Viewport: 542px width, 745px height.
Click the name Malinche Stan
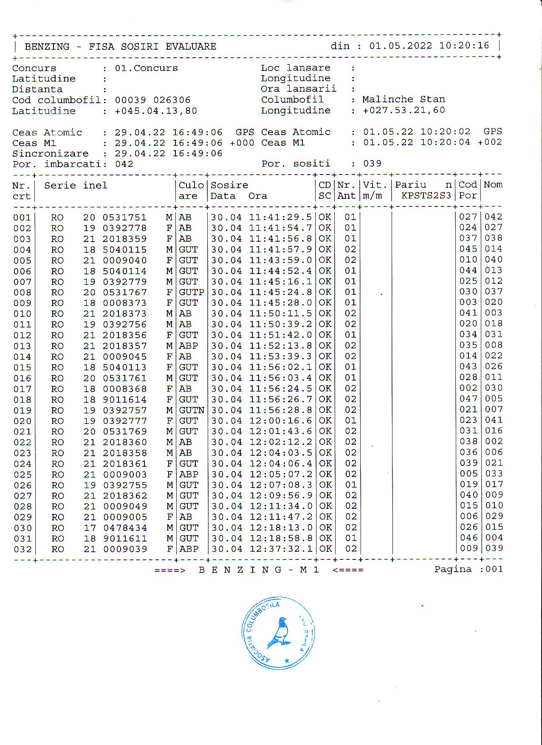click(404, 99)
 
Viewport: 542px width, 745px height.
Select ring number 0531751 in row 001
click(124, 217)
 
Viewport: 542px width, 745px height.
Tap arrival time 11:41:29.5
click(280, 217)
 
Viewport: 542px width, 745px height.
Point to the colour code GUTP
click(192, 292)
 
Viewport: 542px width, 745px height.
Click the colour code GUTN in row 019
click(192, 410)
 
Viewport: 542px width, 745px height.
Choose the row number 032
click(23, 549)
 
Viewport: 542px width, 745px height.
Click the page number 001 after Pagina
click(494, 569)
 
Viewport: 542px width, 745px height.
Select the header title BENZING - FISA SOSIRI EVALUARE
click(121, 46)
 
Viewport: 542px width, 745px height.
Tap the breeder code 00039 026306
click(152, 100)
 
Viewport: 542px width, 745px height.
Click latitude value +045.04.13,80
click(156, 111)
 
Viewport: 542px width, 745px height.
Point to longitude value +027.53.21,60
click(404, 110)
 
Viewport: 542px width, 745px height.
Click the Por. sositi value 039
click(372, 164)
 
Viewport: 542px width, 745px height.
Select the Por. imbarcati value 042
click(124, 164)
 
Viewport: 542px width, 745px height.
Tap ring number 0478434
click(124, 528)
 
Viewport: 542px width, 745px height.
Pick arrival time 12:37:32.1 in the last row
click(280, 549)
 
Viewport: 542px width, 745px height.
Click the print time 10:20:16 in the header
click(464, 45)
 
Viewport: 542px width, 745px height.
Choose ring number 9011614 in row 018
click(124, 400)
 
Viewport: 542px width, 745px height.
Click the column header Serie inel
click(76, 186)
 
